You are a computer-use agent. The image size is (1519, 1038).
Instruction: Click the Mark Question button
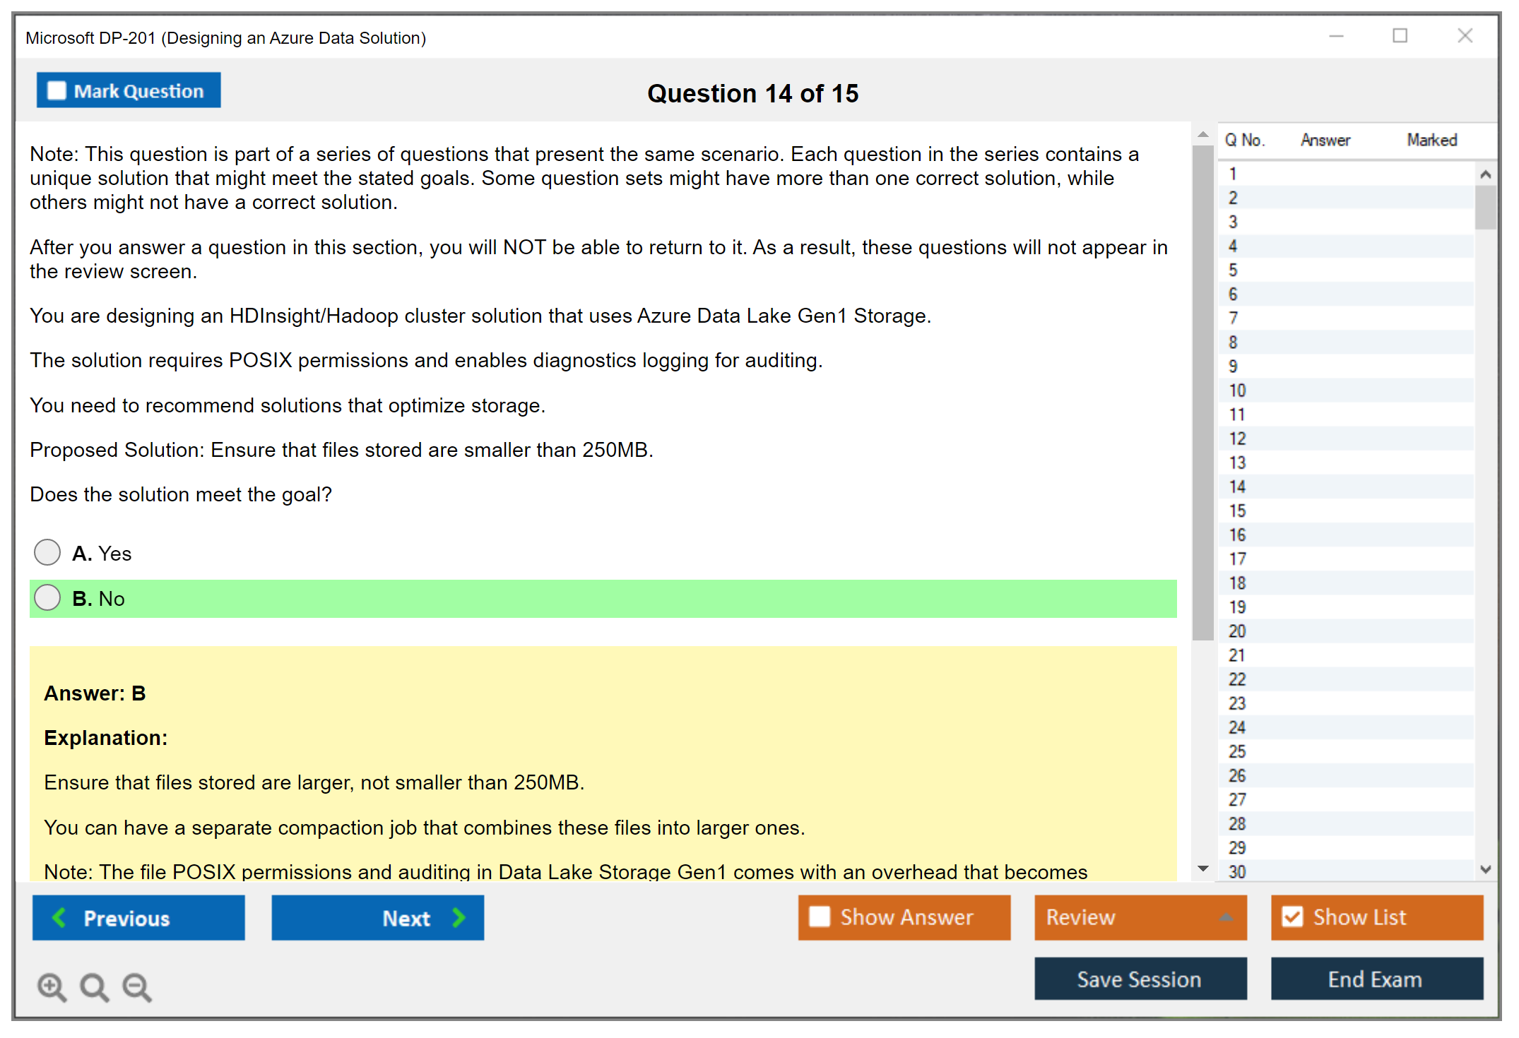click(129, 90)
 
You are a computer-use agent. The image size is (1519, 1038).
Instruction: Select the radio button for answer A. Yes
click(47, 552)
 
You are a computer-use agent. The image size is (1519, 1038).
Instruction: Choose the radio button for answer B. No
click(47, 597)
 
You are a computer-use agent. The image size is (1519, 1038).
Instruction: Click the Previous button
click(138, 917)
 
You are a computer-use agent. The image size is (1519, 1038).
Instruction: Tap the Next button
click(378, 917)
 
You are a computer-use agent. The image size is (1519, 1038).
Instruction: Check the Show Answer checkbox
click(820, 917)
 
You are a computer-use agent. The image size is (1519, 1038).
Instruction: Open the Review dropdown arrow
click(1226, 917)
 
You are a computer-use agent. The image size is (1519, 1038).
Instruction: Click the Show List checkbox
click(1292, 917)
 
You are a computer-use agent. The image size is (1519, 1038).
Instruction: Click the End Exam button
click(1377, 979)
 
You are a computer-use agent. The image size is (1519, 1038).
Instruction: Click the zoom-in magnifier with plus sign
click(52, 986)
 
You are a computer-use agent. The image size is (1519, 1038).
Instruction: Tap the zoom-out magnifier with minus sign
click(137, 986)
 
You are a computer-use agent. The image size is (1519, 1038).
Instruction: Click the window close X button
click(1465, 35)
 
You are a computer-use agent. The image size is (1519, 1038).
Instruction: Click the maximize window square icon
click(1400, 35)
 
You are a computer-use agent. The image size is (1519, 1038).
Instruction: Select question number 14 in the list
click(1237, 487)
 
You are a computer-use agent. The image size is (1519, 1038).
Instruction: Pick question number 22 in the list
click(1237, 679)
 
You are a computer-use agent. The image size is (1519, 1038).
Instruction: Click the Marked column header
click(1432, 140)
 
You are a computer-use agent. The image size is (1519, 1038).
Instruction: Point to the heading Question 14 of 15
click(753, 93)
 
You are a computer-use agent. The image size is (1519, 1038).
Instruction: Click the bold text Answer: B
click(95, 693)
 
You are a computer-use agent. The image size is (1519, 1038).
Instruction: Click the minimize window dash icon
click(1337, 36)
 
